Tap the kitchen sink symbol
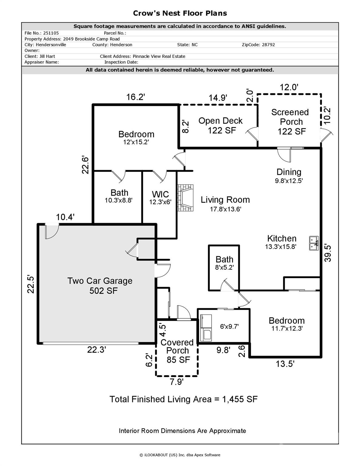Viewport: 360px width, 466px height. [313, 243]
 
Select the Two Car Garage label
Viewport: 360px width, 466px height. [100, 285]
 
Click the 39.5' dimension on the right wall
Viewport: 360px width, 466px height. [328, 253]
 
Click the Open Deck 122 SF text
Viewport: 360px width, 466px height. [220, 125]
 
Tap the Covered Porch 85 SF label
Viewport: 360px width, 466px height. [177, 351]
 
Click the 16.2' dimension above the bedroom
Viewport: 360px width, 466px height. [136, 97]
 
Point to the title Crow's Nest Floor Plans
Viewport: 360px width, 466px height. [180, 13]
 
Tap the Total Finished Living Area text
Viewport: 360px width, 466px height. [183, 399]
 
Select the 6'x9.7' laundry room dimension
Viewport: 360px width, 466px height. [229, 326]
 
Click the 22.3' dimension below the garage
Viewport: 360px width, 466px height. [96, 350]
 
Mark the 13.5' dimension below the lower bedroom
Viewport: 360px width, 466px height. [285, 363]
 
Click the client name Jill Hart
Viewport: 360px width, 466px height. [47, 56]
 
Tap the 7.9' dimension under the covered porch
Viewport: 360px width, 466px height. [177, 382]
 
